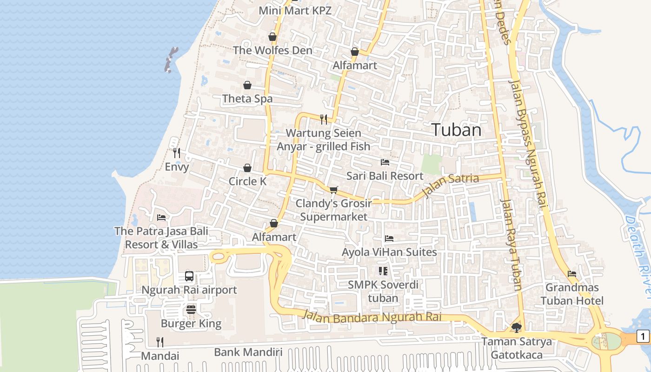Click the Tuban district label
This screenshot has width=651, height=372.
[456, 130]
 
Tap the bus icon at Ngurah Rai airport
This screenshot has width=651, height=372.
[189, 276]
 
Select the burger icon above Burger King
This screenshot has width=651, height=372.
[191, 309]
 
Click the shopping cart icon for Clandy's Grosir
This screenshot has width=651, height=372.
[333, 190]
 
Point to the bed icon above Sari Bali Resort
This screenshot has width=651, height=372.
[385, 162]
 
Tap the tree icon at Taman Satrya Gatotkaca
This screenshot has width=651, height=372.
[516, 328]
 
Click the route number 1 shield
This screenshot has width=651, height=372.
[643, 336]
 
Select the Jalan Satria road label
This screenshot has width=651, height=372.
[451, 185]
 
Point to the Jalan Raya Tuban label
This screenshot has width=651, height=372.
[511, 244]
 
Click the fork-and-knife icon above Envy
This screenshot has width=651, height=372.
[177, 153]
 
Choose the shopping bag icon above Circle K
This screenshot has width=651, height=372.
[247, 168]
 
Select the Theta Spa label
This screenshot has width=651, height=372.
[247, 99]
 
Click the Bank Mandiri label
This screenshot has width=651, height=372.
[248, 352]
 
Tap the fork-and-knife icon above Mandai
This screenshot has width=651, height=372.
[160, 342]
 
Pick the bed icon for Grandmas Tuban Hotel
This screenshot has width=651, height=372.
[572, 274]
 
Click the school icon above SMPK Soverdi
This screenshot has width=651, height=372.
[383, 271]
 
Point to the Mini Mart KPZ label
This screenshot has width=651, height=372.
[295, 10]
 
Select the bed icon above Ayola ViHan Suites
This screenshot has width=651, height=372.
[389, 239]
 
